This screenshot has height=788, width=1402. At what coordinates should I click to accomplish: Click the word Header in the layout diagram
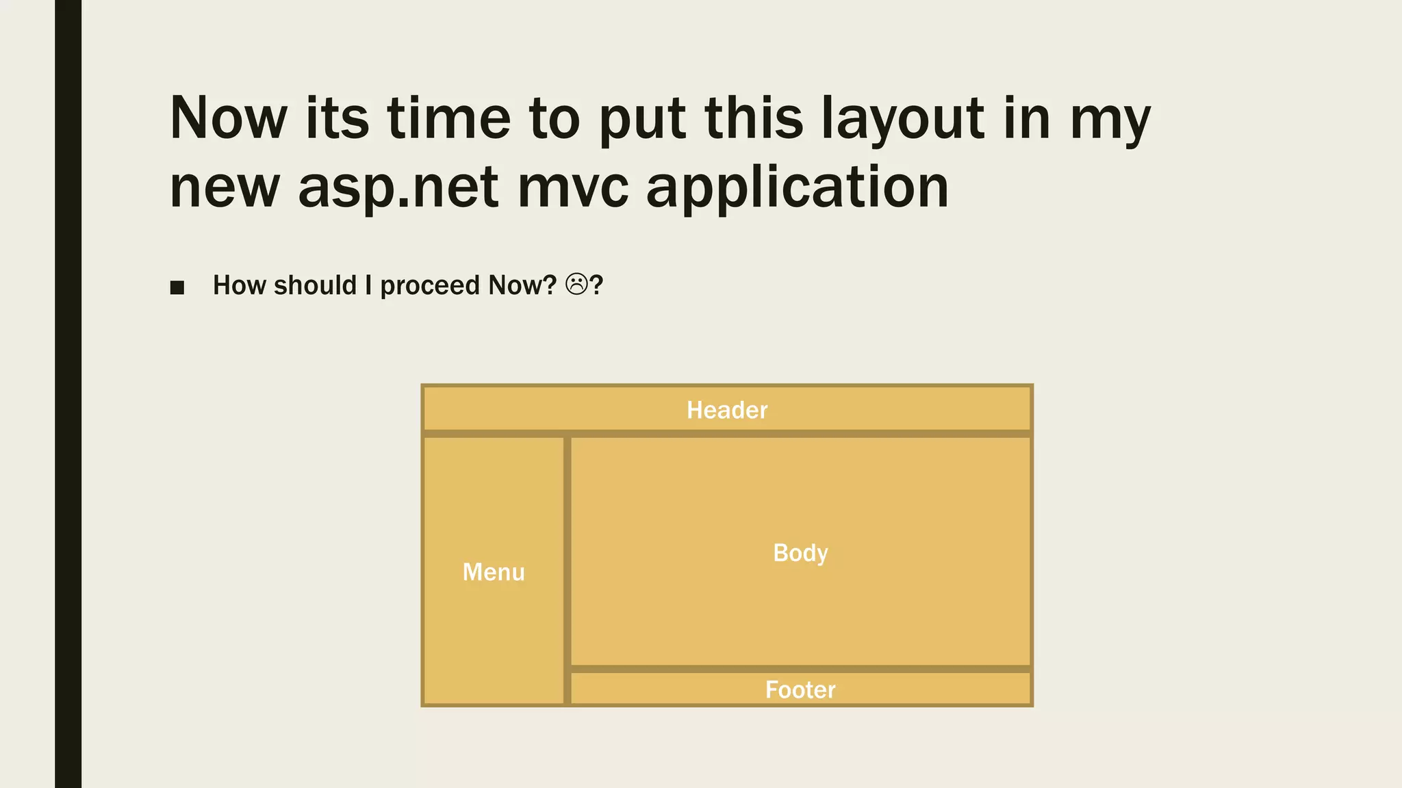(x=727, y=410)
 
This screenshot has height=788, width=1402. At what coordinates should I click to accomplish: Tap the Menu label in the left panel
(x=494, y=572)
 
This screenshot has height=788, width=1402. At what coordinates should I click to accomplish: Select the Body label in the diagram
(x=800, y=553)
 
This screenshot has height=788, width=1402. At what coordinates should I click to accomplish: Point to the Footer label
(x=800, y=689)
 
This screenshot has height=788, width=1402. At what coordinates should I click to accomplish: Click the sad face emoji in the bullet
(x=576, y=285)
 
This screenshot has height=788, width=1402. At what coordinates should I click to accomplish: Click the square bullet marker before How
(x=177, y=287)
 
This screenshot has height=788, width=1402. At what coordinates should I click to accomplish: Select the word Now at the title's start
(x=229, y=118)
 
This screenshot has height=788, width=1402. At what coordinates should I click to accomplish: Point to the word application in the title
(x=798, y=187)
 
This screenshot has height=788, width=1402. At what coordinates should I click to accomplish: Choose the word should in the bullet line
(x=315, y=285)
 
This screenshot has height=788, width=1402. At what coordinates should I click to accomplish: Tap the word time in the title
(x=449, y=118)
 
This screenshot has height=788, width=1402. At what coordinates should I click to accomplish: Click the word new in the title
(x=225, y=187)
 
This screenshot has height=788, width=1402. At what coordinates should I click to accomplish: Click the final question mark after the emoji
(x=596, y=285)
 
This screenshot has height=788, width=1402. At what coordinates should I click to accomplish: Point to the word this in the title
(x=754, y=118)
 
